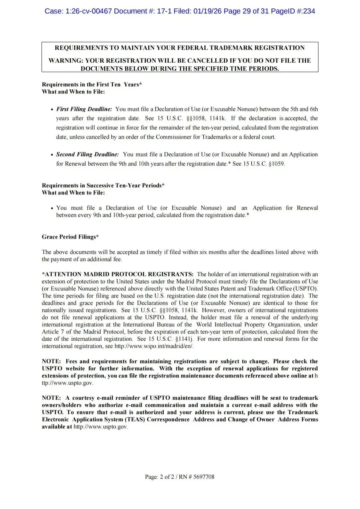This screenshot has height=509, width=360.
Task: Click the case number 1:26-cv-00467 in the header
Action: click(x=89, y=11)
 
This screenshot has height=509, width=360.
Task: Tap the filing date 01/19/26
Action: click(x=207, y=11)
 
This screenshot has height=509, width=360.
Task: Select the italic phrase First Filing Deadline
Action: click(x=84, y=109)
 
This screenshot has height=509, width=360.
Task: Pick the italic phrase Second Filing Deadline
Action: click(x=87, y=154)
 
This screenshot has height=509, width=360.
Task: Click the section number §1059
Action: click(x=276, y=164)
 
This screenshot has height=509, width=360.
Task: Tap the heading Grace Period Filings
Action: click(x=70, y=237)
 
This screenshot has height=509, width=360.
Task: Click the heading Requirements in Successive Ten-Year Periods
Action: click(x=103, y=185)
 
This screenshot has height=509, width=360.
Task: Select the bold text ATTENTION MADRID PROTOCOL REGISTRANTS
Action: click(x=117, y=274)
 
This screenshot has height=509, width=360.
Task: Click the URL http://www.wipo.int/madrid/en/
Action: click(x=154, y=346)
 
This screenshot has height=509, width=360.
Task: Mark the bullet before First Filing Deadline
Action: click(x=52, y=109)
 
